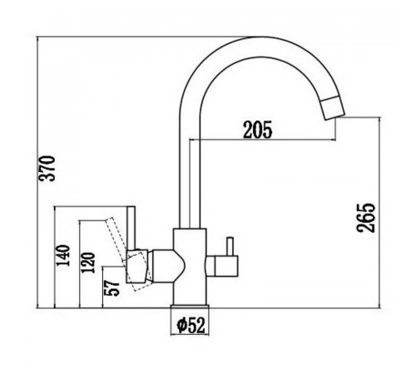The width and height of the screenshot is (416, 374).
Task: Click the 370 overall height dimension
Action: (x=47, y=169)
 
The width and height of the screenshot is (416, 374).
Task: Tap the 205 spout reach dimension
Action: (x=258, y=130)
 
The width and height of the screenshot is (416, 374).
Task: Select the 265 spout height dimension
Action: (x=365, y=218)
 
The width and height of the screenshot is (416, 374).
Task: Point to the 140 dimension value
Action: (x=63, y=255)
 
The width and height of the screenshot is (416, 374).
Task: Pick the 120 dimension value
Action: (x=88, y=263)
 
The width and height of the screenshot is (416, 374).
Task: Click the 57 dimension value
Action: (x=111, y=288)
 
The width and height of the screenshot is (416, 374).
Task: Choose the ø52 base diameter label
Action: (x=191, y=325)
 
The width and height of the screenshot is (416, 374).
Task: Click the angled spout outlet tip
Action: (x=333, y=108)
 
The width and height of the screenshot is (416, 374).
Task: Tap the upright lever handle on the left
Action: (x=131, y=228)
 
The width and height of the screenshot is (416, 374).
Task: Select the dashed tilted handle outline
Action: (x=128, y=253)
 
